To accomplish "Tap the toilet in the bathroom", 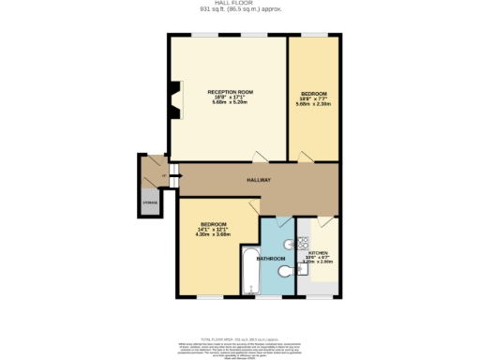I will pyautogui.click(x=285, y=272).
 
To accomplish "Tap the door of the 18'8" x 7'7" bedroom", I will pyautogui.click(x=304, y=156).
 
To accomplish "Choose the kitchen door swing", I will pyautogui.click(x=323, y=223).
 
